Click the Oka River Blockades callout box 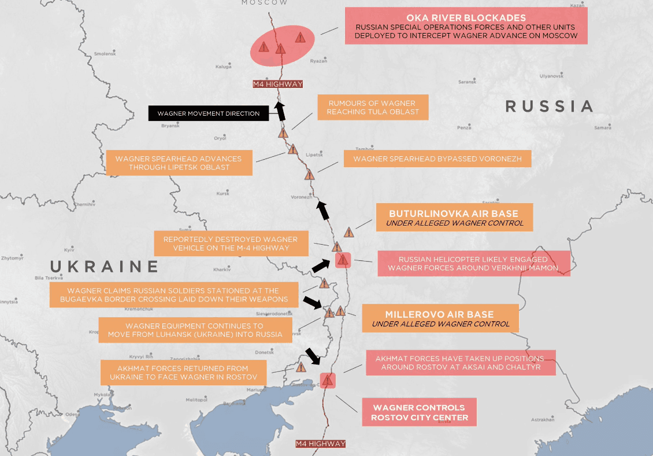click(466, 26)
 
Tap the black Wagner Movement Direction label click(209, 113)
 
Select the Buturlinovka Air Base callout click(454, 218)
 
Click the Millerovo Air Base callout click(440, 319)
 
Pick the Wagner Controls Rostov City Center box click(419, 412)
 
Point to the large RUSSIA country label click(550, 106)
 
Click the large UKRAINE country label click(104, 266)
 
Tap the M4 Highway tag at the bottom click(320, 444)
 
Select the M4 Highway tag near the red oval click(278, 84)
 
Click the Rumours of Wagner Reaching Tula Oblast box click(373, 107)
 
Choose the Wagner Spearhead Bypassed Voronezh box click(437, 159)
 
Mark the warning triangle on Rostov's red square click(328, 381)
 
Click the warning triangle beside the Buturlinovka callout click(349, 233)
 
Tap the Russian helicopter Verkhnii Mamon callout click(473, 263)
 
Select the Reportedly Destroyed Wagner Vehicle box click(230, 244)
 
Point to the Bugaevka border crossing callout click(173, 295)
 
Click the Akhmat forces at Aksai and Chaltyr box click(459, 362)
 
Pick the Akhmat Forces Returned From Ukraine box click(183, 373)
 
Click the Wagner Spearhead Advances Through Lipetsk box click(179, 163)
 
